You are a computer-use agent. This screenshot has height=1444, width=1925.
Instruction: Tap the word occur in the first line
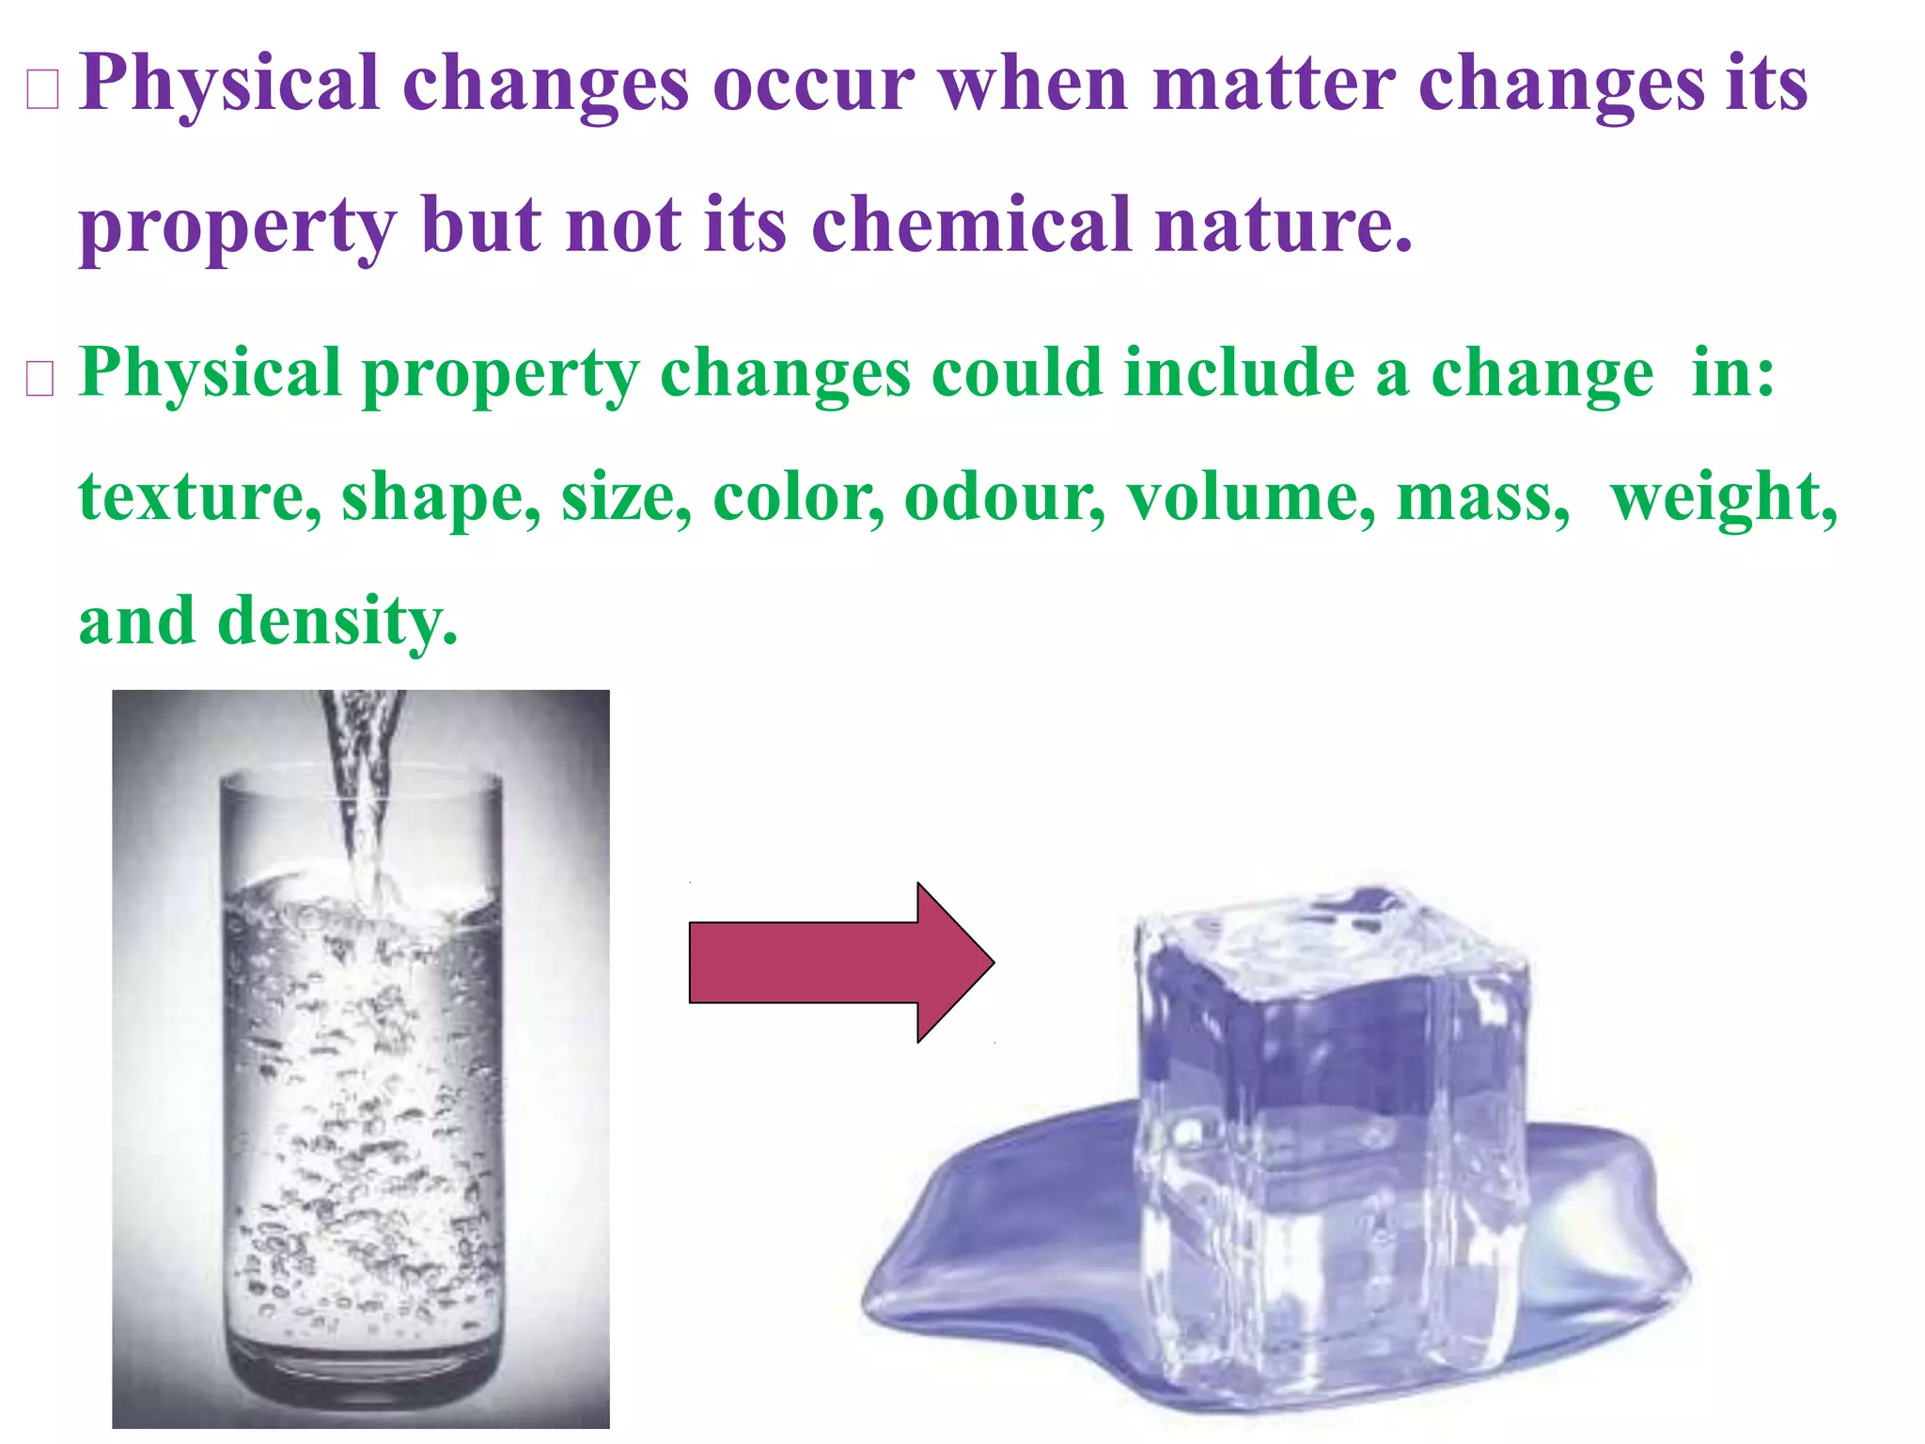click(x=813, y=85)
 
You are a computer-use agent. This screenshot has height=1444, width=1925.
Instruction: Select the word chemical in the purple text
click(x=972, y=226)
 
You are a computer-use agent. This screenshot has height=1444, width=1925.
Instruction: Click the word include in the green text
click(x=1239, y=373)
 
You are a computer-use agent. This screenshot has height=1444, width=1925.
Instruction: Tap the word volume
click(x=1251, y=497)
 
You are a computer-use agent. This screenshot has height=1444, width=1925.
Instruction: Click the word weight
click(x=1723, y=497)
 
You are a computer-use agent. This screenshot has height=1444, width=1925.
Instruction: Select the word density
click(x=336, y=621)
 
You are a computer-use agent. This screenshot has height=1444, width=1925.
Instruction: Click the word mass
click(x=1481, y=497)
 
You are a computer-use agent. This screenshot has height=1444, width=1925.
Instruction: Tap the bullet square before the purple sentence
click(x=43, y=90)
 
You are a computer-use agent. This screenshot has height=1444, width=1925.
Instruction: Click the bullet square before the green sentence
click(x=39, y=379)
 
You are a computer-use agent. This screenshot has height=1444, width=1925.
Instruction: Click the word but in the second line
click(x=480, y=226)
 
